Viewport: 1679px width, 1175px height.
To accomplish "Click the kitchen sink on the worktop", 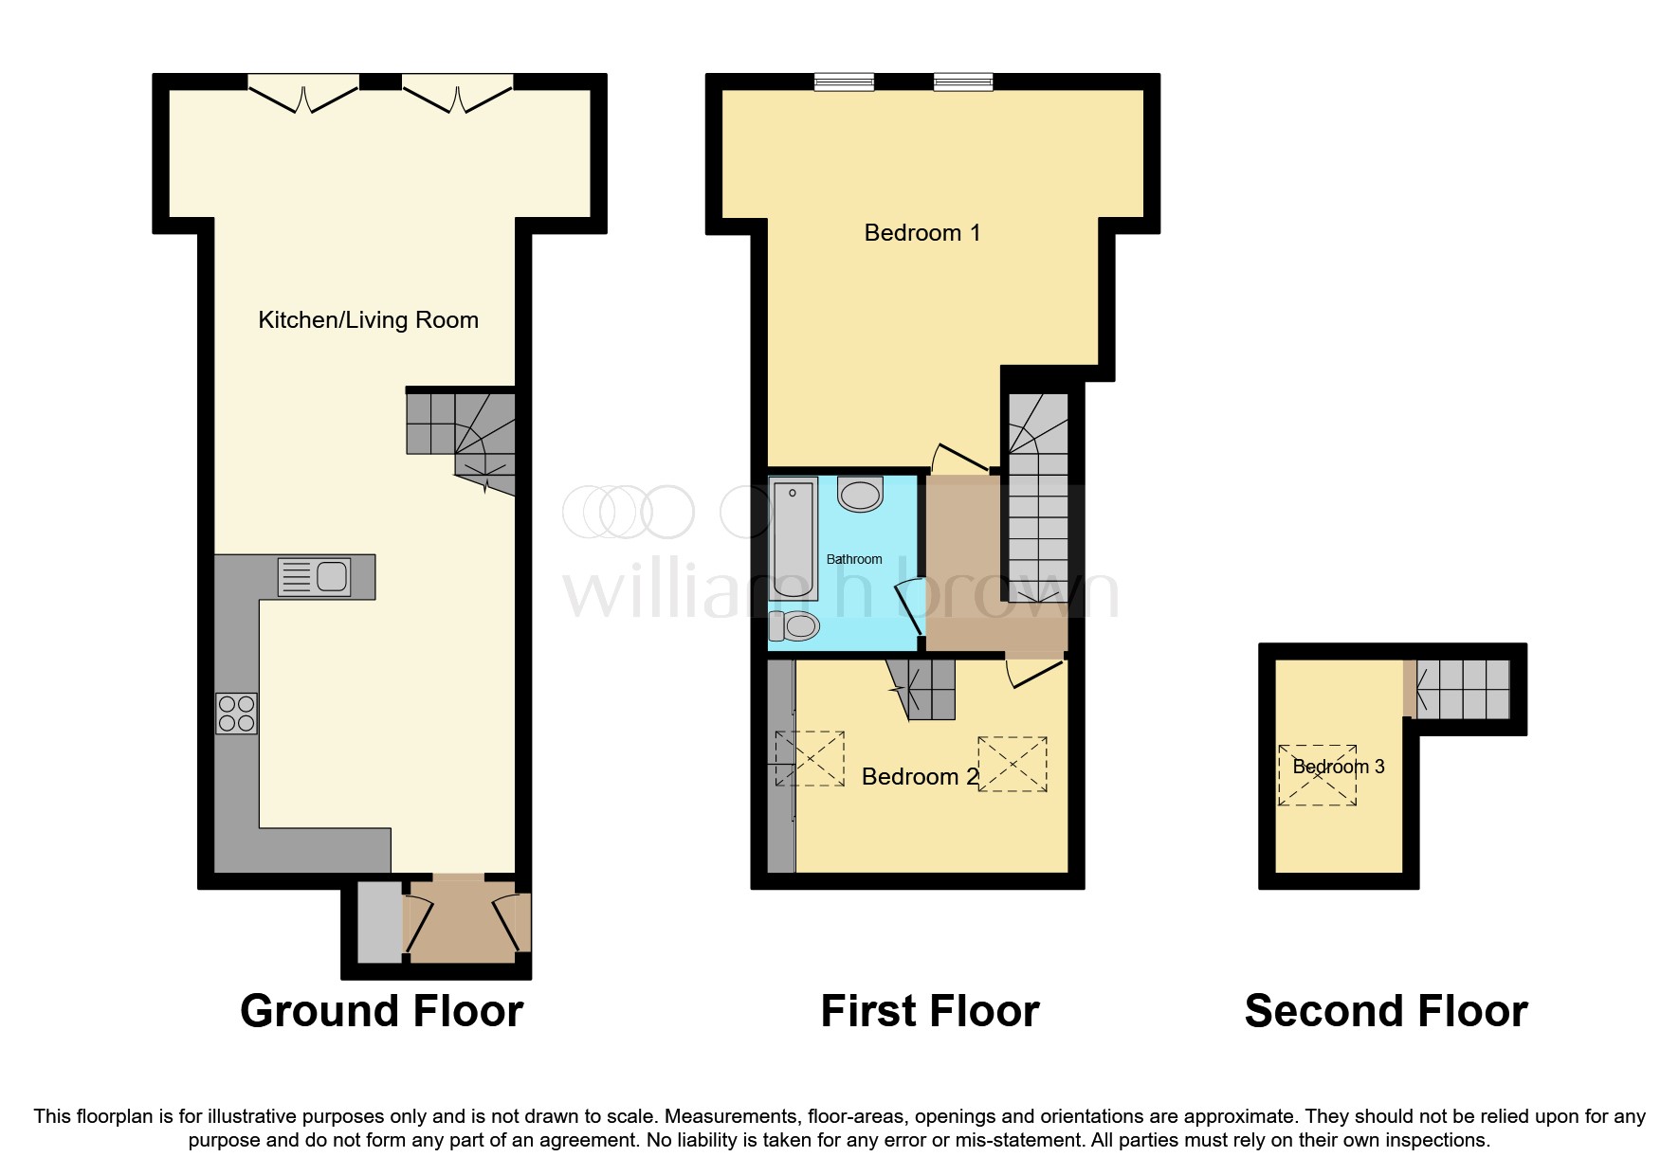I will tap(315, 576).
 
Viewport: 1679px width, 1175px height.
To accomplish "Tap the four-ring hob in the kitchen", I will tap(236, 714).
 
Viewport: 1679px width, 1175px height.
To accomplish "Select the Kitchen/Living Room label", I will tap(368, 320).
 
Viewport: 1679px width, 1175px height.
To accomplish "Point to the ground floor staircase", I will tap(462, 437).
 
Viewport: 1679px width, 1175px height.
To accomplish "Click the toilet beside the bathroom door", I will tap(794, 625).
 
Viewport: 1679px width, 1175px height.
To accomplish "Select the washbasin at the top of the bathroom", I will tap(860, 495).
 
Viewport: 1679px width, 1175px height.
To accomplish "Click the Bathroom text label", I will tap(854, 559).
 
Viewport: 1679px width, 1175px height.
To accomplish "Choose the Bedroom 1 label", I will tap(922, 233).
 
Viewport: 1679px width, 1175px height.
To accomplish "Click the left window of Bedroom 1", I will tap(844, 83).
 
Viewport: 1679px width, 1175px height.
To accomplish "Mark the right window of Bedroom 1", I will tap(963, 83).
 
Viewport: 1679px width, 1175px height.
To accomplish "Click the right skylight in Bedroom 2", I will tap(1013, 764).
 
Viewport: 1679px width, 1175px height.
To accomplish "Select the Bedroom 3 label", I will tap(1338, 767).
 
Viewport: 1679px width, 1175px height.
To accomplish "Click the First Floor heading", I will tap(929, 1011).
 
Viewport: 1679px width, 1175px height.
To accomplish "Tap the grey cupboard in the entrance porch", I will tap(379, 923).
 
